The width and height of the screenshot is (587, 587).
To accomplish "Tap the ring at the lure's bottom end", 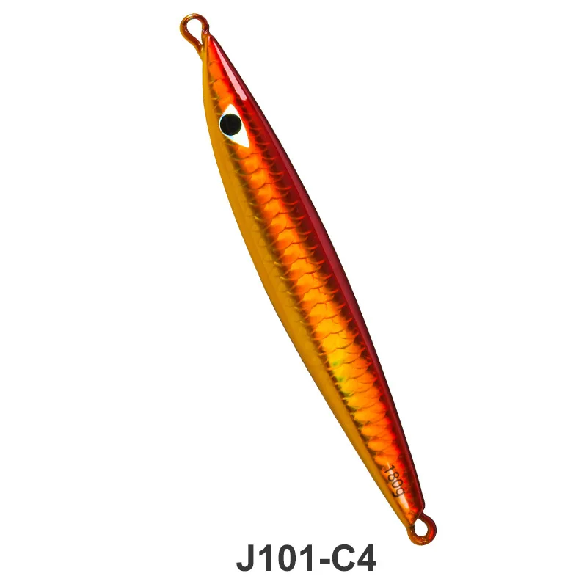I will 423,527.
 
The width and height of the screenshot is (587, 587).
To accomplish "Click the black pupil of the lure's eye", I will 230,124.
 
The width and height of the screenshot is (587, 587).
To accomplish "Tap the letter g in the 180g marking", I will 398,493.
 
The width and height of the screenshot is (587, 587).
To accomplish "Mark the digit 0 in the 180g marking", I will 395,484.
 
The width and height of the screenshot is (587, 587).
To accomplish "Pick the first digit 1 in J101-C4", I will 266,560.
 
